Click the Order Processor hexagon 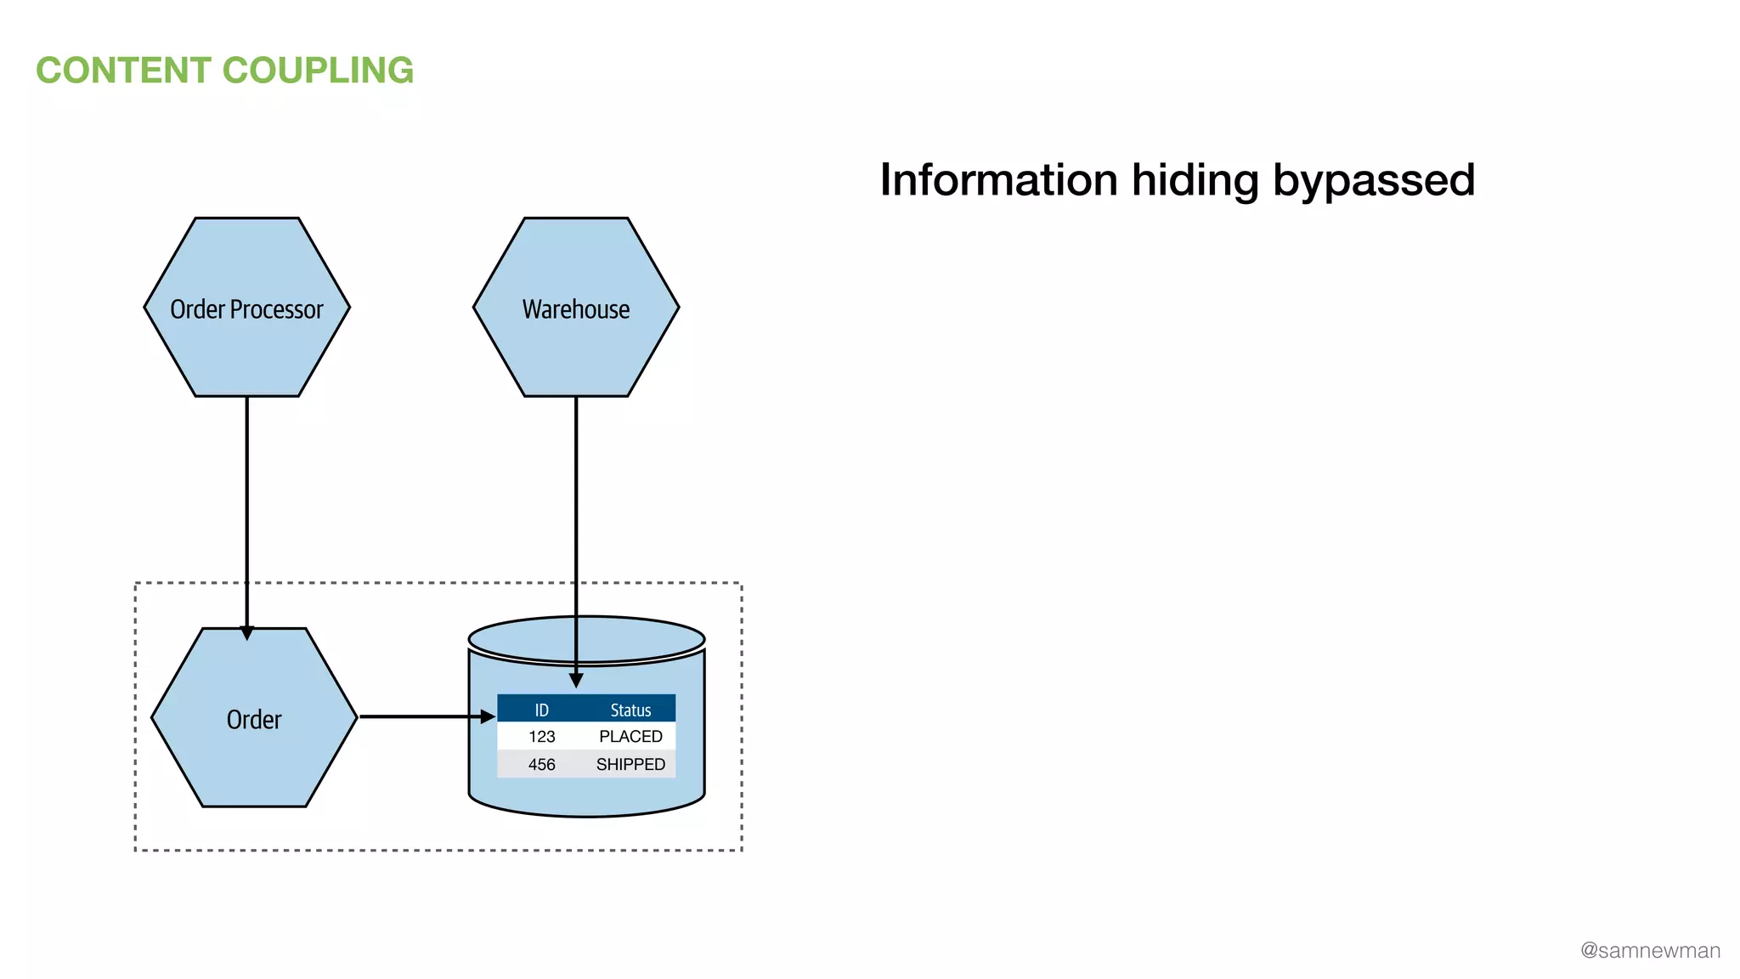coord(246,340)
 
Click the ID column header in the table coord(541,710)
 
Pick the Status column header coord(630,710)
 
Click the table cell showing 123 coord(541,737)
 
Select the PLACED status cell coord(630,737)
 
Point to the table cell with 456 coord(541,765)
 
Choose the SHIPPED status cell coord(630,765)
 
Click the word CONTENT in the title coord(123,71)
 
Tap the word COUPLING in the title coord(319,71)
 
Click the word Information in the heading coord(998,180)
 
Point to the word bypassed coord(1373,180)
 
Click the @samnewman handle coord(1650,950)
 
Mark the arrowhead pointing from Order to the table coord(488,716)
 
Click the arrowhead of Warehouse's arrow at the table coord(576,681)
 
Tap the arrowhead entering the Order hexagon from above coord(247,633)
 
